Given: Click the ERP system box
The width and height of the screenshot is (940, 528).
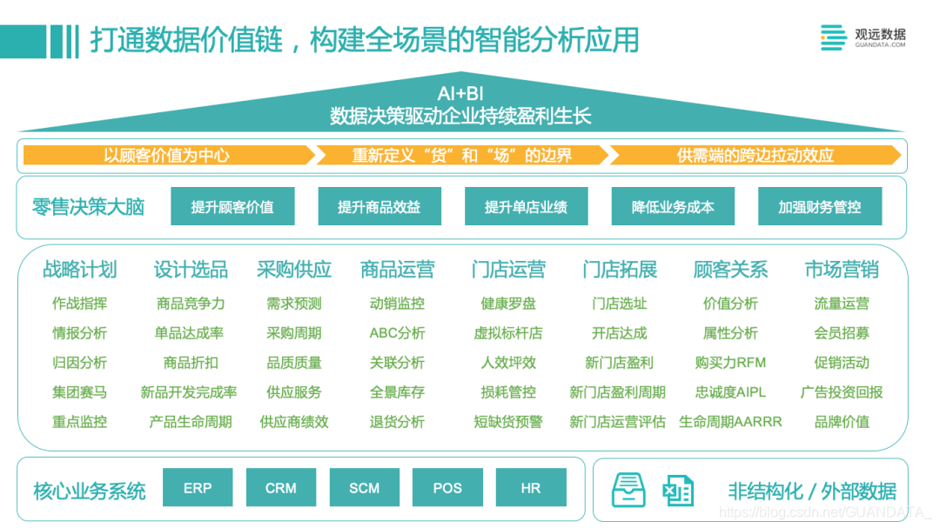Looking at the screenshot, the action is [198, 488].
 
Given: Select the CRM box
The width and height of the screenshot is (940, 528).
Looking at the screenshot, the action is [281, 488].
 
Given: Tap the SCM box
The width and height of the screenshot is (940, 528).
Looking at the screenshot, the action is [365, 488].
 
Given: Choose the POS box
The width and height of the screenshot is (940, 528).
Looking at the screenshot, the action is [447, 488].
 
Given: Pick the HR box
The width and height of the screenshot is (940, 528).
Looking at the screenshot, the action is [531, 488].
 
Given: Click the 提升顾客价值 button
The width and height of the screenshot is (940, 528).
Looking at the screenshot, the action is [232, 207].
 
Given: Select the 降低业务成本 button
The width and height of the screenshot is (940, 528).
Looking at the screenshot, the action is [673, 207].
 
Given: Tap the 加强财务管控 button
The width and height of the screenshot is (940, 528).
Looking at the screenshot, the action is [820, 207].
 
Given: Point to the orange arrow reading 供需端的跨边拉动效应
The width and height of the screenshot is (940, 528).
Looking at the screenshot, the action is [755, 156].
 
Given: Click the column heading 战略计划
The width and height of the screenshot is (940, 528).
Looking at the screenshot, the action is [79, 270].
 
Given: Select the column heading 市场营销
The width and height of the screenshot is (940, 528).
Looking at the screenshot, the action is [842, 270].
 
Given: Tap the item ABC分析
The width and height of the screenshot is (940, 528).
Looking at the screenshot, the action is [397, 333].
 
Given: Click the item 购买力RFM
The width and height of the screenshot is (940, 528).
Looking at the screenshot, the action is [730, 363].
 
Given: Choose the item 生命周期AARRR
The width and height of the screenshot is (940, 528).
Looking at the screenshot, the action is [730, 422].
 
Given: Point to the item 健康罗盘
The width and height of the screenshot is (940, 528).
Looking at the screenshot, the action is [508, 304].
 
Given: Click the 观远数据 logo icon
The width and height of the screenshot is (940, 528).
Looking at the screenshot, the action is [833, 37].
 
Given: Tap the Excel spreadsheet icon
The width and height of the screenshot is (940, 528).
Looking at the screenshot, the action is [677, 491].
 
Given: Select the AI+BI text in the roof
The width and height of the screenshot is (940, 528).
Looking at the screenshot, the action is [460, 94].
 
